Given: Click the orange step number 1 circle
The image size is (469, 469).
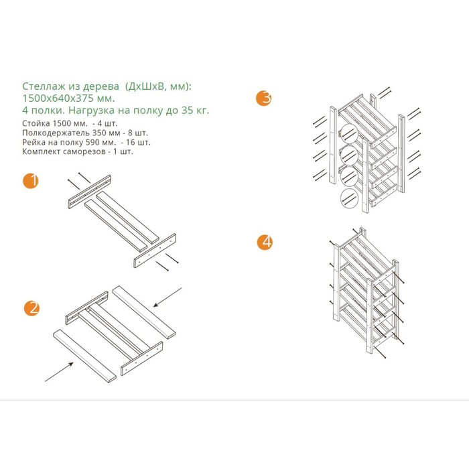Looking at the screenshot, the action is coord(31,181).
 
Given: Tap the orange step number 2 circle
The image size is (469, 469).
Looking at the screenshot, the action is coord(31,308).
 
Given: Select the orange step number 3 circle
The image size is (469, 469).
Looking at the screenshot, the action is coord(264,98).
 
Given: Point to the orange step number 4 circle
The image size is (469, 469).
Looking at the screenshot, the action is coord(265,242).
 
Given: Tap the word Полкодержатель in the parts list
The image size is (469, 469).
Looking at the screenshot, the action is coord(56,133).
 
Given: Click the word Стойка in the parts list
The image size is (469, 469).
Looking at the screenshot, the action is coord(36,123).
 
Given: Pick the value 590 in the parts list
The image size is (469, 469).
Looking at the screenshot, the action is coord(92,142).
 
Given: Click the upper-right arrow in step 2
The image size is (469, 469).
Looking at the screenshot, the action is coord(167,297).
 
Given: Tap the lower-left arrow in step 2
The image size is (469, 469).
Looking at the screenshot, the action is coord(59,372).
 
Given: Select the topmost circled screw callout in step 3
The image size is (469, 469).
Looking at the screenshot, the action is coord(349,133).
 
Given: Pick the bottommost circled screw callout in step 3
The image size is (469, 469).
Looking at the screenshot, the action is coord(349,198).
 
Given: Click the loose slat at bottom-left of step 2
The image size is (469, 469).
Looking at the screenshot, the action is coord(84,356).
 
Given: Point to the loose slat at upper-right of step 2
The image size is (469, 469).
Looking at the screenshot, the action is coord(144,312).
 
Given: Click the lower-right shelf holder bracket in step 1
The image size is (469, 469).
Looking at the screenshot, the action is coord(155,251).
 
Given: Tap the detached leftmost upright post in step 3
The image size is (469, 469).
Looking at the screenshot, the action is coord(333,145).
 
